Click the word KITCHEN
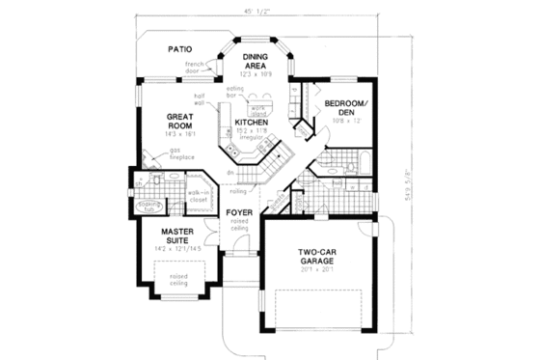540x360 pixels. tap(250, 122)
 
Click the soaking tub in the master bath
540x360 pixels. tap(148, 208)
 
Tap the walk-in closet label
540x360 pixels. tap(200, 196)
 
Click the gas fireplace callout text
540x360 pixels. tap(178, 154)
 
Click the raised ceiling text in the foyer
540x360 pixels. tap(239, 226)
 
